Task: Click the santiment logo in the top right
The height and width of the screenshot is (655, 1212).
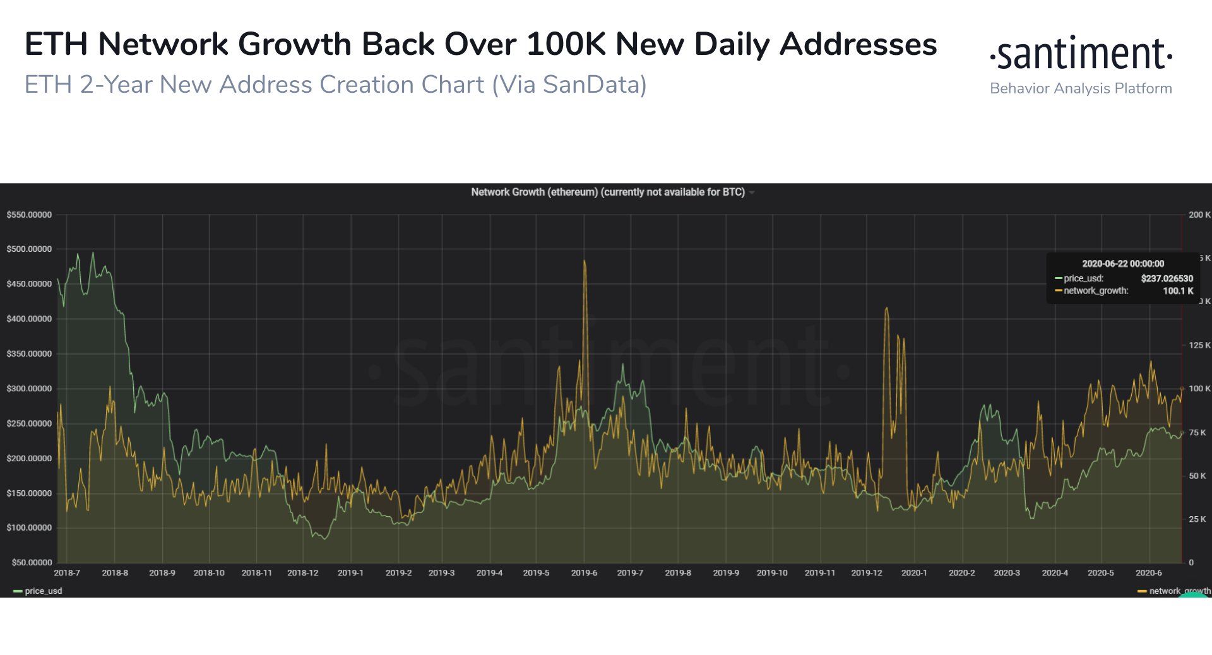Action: tap(1081, 54)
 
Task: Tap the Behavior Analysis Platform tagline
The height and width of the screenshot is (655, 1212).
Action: tap(1081, 88)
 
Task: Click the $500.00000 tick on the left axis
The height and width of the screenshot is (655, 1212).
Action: tap(29, 249)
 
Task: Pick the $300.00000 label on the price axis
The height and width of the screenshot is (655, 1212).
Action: tap(29, 389)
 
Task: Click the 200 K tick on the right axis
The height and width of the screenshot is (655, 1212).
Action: tap(1199, 215)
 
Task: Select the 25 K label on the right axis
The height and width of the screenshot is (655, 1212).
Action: tap(1197, 519)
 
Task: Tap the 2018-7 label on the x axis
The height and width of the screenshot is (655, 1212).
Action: tap(67, 573)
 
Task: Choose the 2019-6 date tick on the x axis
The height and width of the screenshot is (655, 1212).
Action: tap(584, 573)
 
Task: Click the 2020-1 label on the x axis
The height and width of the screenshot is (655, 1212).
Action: tap(914, 573)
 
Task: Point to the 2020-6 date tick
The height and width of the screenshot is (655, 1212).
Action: tap(1148, 573)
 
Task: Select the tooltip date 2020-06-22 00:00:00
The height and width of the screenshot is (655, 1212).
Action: tap(1123, 264)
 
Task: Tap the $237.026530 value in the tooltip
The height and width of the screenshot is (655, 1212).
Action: tap(1167, 278)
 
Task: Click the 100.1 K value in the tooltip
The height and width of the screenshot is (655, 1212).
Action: tap(1178, 291)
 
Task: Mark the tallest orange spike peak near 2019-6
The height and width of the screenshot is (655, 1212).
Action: tap(585, 261)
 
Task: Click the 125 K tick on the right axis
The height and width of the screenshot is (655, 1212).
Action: tap(1199, 345)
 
